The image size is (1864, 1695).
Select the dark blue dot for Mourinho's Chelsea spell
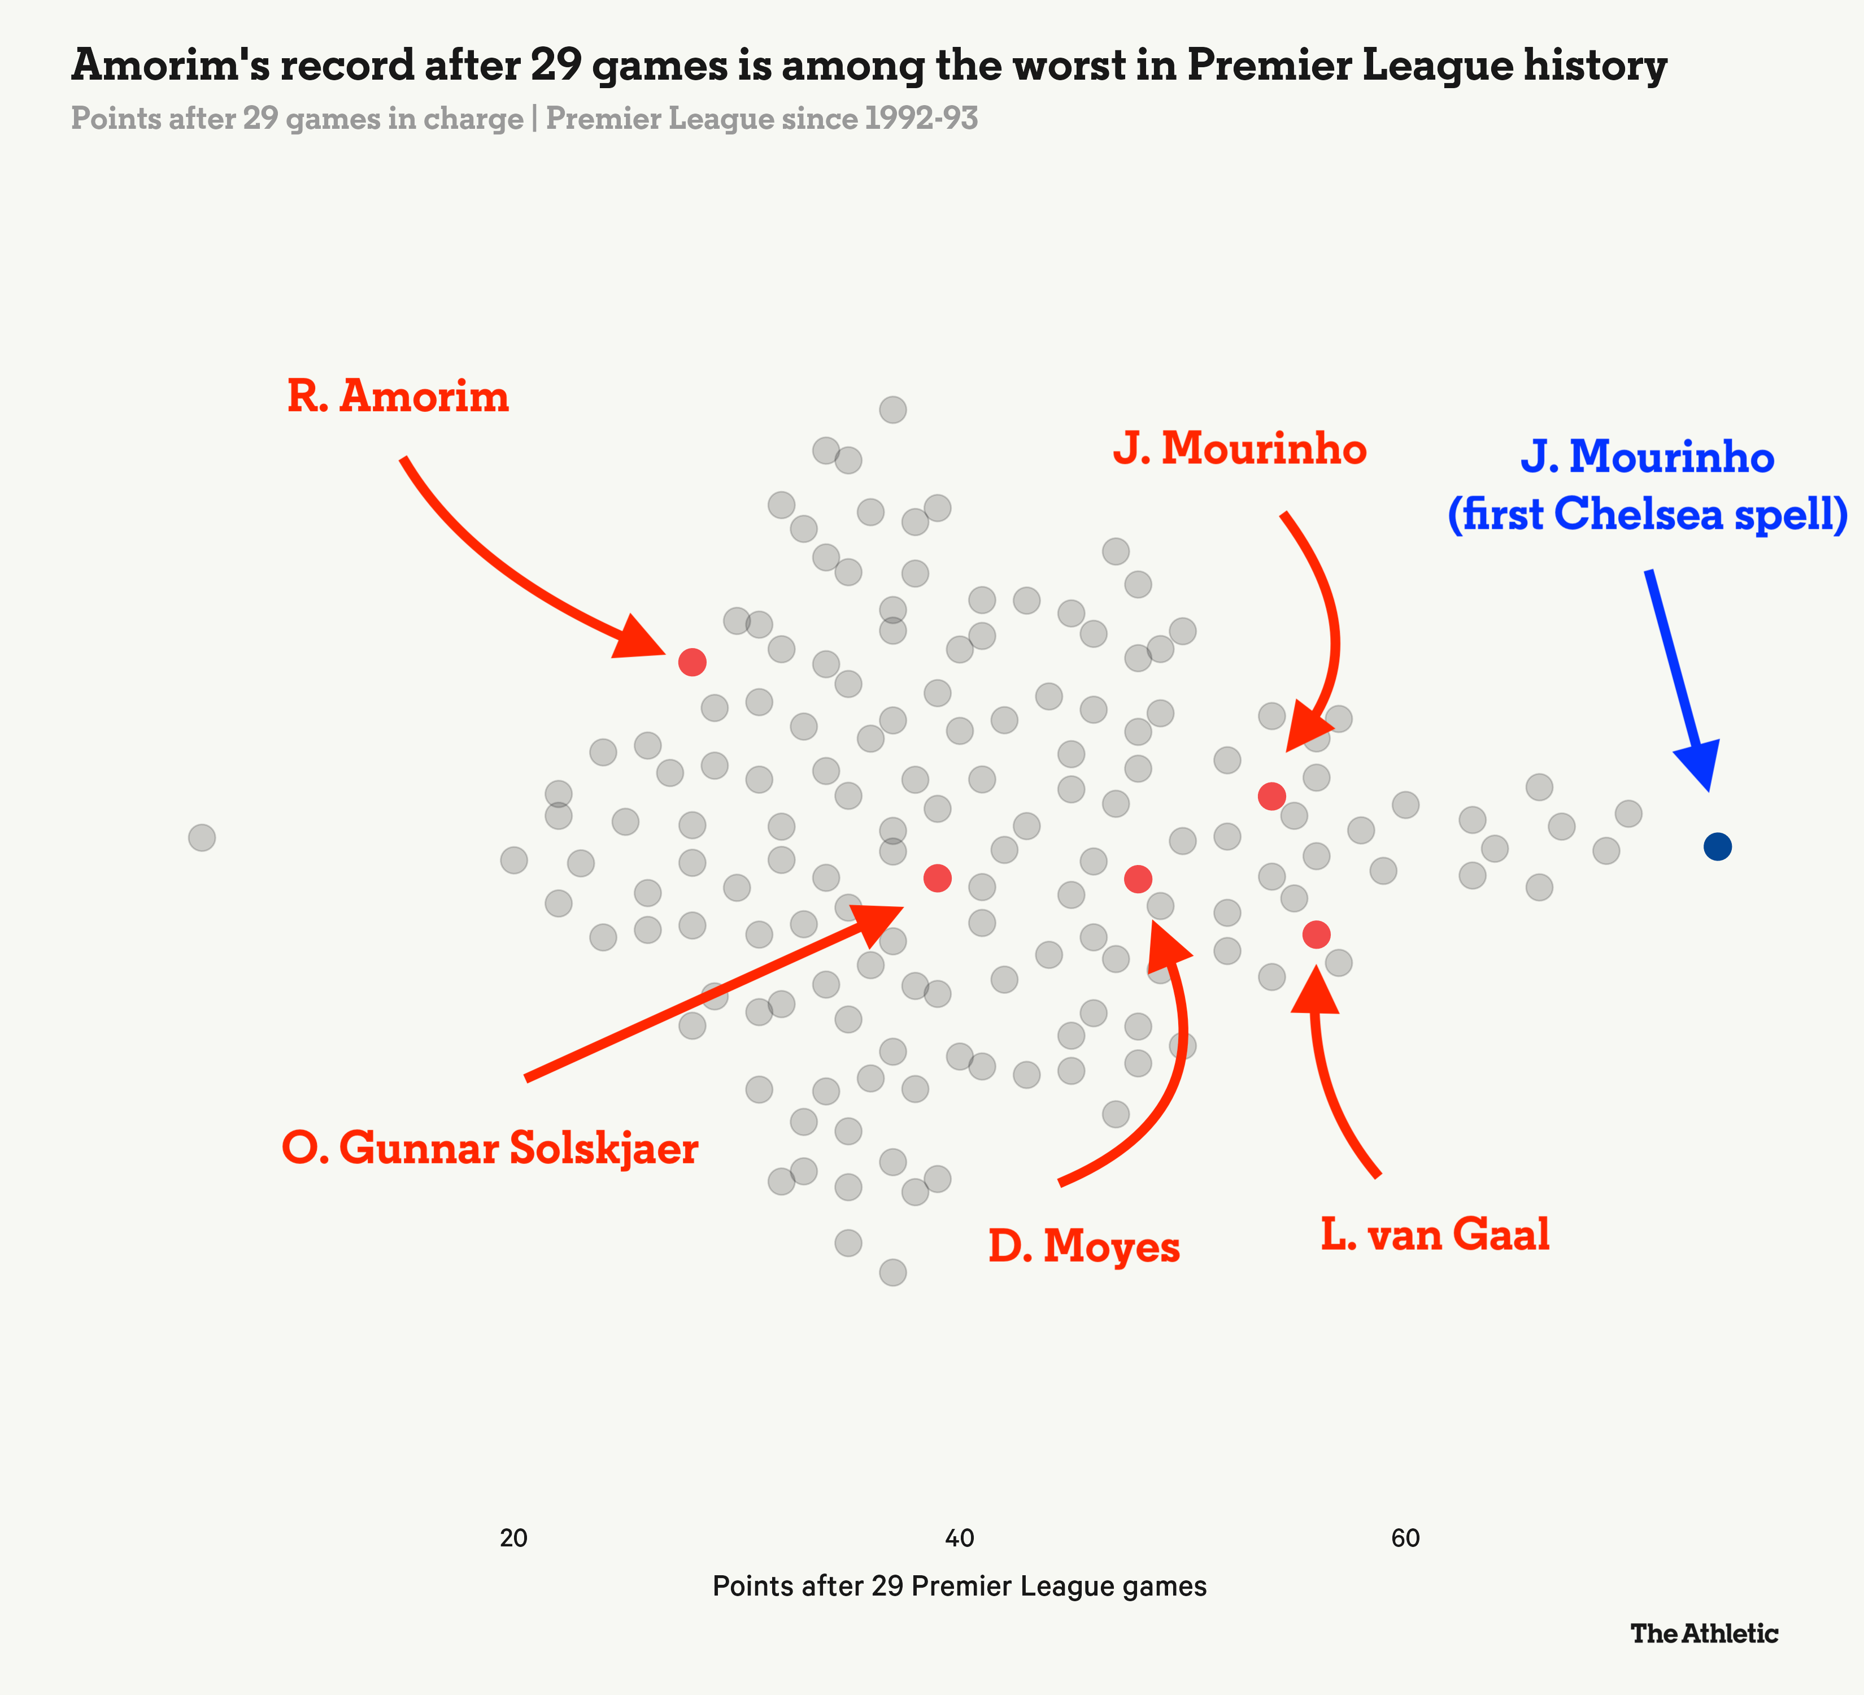(1717, 846)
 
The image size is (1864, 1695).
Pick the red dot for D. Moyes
(1137, 879)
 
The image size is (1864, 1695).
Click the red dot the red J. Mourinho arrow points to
(1272, 796)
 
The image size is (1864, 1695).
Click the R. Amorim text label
(398, 397)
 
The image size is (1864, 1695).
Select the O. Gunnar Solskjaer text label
(490, 1149)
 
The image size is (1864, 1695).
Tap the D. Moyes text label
(1083, 1246)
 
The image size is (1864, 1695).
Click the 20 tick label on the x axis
(513, 1538)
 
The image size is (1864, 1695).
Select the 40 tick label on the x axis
(960, 1538)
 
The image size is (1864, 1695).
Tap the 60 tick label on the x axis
(1405, 1538)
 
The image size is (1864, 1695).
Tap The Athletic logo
(1704, 1634)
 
